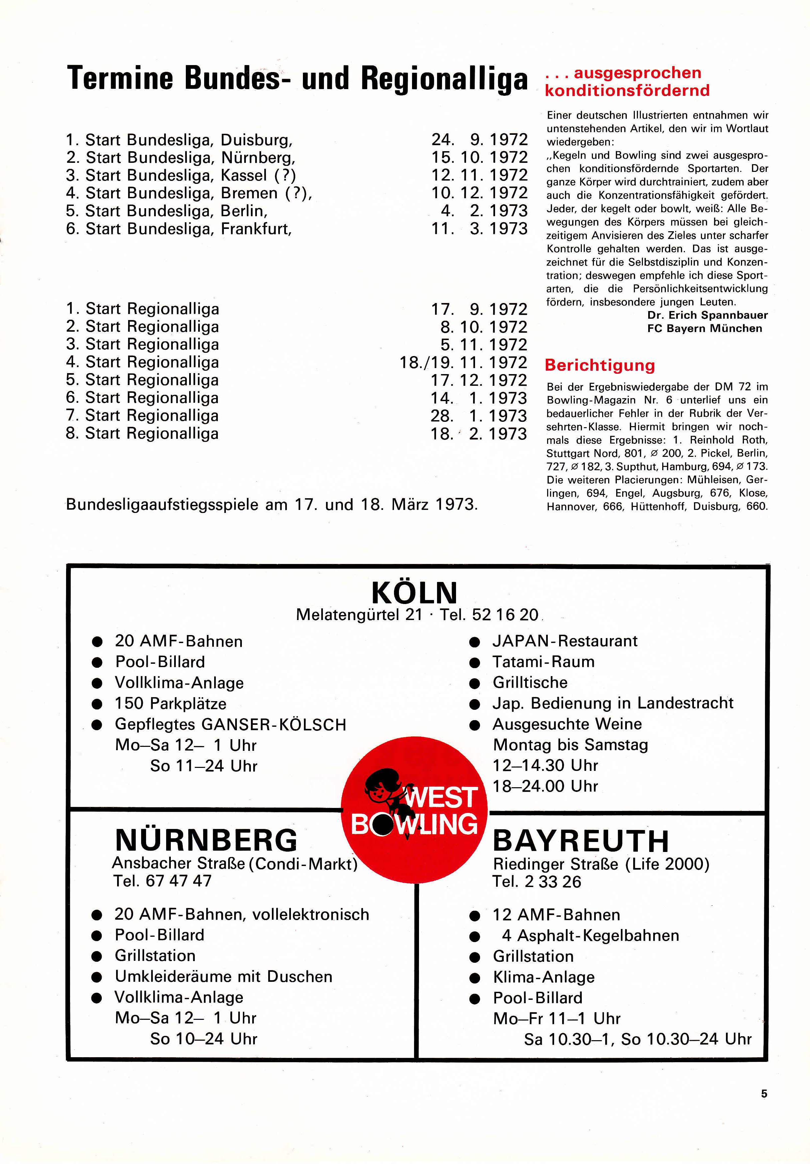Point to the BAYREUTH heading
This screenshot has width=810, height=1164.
(580, 841)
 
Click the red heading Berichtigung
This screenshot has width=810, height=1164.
(599, 365)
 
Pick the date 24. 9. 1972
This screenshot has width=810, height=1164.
(479, 139)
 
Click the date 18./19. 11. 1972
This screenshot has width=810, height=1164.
(463, 362)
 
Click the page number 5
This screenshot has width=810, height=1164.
(764, 1094)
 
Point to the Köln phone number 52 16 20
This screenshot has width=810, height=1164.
(504, 615)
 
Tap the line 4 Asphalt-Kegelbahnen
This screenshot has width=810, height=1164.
(590, 935)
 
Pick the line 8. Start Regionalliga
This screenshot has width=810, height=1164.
(142, 433)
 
